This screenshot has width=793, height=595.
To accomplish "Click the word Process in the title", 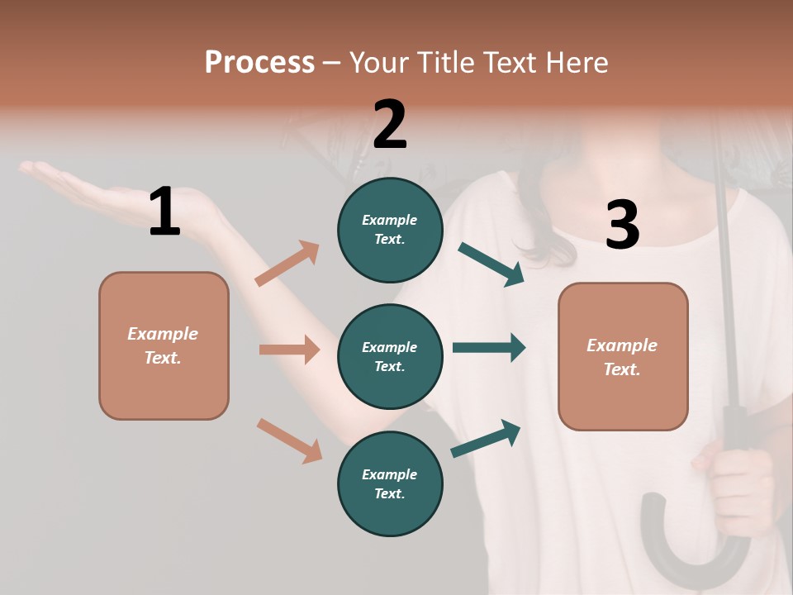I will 259,63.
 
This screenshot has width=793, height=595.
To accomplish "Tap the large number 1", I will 164,212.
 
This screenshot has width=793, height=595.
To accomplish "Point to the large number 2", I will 390,124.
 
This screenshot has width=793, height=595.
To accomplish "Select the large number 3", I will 622,225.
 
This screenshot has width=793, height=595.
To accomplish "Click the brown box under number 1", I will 164,345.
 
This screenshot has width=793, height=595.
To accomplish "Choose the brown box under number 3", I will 623,356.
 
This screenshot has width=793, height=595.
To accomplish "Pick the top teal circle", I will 390,230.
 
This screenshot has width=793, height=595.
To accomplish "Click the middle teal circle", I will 390,356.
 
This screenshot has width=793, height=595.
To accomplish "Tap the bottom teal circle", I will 390,483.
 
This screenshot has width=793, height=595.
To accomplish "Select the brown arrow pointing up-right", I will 287,264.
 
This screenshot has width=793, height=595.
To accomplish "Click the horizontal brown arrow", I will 289,350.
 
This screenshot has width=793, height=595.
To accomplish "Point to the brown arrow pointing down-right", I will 289,440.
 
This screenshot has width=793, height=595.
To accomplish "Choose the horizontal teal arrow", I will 489,348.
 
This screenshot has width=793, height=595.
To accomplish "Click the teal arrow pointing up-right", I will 486,439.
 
